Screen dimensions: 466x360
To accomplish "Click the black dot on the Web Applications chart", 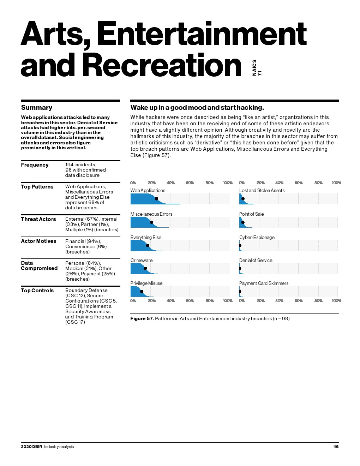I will point(156,199).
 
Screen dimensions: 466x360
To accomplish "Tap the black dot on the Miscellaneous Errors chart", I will point(151,222).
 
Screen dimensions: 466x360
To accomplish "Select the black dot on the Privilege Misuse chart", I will point(142,292).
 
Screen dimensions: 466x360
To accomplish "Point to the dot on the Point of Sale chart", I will point(242,222).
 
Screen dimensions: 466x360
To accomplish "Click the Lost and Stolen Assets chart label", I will point(262,191).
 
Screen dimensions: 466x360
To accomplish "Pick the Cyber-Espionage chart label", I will point(257,238).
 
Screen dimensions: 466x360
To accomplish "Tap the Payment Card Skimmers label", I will point(264,283).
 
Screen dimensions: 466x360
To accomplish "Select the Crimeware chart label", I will point(142,261).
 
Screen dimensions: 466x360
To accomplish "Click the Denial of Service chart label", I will point(256,261).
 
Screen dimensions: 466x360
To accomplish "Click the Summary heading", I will point(37,108).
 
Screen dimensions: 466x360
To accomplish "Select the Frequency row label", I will point(35,165).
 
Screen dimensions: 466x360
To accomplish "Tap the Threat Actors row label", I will point(38,219).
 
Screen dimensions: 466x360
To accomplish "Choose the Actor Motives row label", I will point(38,241).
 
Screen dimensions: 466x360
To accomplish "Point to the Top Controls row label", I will point(37,291).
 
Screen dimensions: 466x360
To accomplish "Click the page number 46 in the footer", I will point(336,447).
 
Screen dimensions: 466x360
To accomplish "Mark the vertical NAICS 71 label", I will point(257,68).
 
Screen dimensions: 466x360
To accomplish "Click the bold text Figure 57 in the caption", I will point(142,319).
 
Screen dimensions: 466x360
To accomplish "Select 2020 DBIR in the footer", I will point(31,447).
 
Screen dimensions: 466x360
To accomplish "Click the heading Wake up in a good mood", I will point(197,108).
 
